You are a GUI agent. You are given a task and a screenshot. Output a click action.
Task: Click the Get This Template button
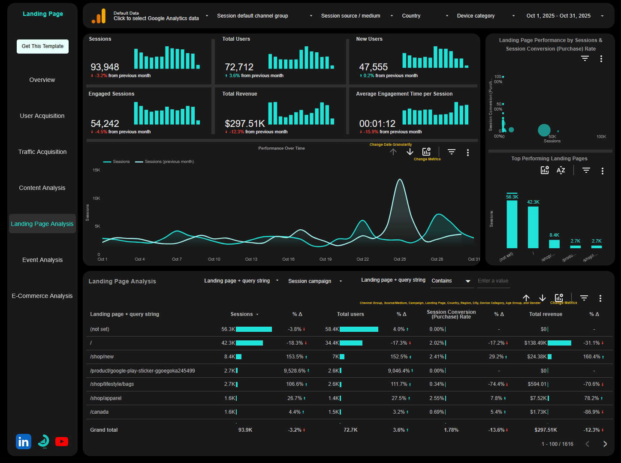click(x=42, y=46)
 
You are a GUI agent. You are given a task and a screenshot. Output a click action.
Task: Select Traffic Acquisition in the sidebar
click(x=42, y=152)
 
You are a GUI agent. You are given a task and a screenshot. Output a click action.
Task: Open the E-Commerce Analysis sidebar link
click(x=42, y=296)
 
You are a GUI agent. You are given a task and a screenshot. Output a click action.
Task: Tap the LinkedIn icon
click(x=24, y=442)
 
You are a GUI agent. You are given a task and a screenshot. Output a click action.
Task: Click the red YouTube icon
click(x=62, y=442)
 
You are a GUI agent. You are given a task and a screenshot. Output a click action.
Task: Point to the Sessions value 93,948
click(x=105, y=67)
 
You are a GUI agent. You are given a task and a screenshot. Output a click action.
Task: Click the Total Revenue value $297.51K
click(x=245, y=124)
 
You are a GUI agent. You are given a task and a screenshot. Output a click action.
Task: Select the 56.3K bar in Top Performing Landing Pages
click(x=512, y=224)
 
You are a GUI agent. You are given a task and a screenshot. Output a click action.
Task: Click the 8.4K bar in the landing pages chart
click(x=554, y=244)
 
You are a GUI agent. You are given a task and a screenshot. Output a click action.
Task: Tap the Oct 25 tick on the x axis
click(x=400, y=259)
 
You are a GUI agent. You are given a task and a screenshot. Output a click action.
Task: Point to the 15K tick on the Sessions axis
click(x=96, y=170)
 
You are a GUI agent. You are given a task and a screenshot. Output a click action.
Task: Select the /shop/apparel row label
click(x=106, y=398)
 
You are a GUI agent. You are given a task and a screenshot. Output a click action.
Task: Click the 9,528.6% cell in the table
click(x=295, y=371)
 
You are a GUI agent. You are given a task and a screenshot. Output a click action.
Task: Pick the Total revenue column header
click(x=546, y=314)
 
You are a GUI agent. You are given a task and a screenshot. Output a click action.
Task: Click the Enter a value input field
click(x=493, y=281)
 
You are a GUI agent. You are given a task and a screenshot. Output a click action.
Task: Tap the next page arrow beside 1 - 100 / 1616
click(x=605, y=444)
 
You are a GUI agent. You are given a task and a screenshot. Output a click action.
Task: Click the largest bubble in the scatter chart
click(x=544, y=130)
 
